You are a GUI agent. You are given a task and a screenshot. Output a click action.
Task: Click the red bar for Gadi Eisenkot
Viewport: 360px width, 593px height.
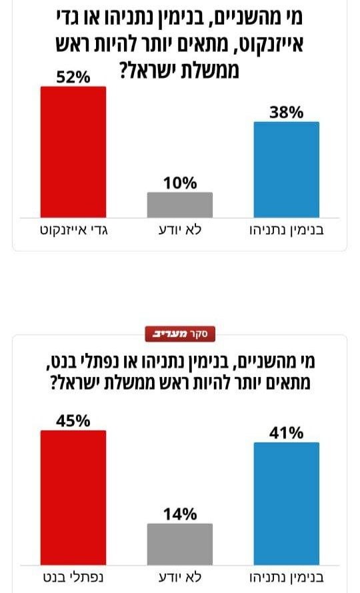point(73,152)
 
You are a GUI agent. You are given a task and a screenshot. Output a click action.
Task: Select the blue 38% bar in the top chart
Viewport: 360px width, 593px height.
point(287,170)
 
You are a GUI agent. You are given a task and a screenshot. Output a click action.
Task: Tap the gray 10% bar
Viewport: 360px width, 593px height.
point(180,205)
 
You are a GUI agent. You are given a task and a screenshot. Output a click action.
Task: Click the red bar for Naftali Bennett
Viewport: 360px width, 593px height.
point(73,498)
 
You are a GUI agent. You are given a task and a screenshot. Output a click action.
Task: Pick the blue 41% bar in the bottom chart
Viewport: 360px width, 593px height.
point(287,504)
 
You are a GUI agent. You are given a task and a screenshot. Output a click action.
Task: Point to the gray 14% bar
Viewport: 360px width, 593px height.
point(180,544)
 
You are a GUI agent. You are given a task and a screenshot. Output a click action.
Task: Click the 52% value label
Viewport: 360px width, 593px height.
point(73,77)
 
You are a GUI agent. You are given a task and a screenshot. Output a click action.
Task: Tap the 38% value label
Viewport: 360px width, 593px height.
point(287,113)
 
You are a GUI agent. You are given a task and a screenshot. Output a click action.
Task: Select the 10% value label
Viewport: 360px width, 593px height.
point(180,183)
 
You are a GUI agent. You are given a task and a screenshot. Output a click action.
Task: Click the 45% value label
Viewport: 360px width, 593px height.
point(73,421)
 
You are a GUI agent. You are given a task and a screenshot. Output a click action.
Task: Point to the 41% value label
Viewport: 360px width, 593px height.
point(287,433)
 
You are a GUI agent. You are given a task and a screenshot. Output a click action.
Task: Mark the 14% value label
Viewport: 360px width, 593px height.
point(180,514)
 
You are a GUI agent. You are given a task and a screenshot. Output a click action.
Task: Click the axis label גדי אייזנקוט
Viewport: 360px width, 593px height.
point(74,231)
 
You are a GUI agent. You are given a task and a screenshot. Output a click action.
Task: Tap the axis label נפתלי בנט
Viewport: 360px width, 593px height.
point(73,578)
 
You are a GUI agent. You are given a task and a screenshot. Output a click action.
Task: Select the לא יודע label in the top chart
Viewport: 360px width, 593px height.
point(180,230)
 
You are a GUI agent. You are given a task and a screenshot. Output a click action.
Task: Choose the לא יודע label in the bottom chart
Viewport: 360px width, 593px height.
point(180,577)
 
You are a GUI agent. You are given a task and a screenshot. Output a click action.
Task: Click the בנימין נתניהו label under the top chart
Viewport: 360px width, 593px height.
point(287,231)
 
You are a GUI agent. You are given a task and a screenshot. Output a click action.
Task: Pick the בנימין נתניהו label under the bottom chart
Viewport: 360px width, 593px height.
point(287,578)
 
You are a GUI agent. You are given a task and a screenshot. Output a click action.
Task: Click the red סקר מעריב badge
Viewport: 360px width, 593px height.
point(180,334)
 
